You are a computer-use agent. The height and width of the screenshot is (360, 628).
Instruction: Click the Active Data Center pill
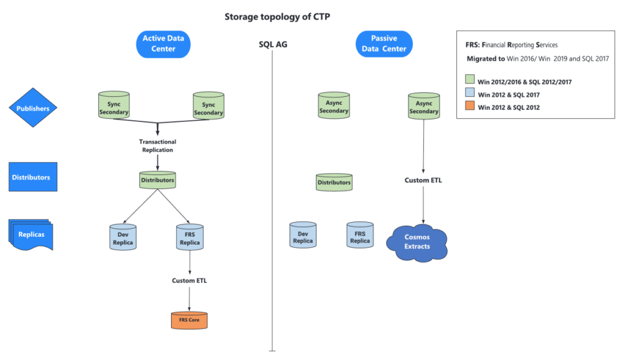pos(163,44)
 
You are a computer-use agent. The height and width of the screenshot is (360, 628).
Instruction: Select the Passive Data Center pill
pos(384,44)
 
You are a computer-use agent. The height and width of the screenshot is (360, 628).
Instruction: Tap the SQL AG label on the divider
pos(272,45)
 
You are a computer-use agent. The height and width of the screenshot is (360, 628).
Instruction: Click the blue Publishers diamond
pos(33,109)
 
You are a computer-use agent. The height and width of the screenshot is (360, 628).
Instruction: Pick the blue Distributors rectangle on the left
pos(33,177)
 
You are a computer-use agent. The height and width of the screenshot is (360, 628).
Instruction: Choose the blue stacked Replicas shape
pos(31,235)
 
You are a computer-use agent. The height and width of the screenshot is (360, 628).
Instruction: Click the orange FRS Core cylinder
pos(189,320)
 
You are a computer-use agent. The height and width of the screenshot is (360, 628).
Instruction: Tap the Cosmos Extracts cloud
pos(417,242)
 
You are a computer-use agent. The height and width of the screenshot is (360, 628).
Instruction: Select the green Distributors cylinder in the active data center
pos(158,180)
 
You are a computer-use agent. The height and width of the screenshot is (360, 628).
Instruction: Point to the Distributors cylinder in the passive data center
pos(334,182)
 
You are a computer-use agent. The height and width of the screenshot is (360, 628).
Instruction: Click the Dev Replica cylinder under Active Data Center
pos(122,237)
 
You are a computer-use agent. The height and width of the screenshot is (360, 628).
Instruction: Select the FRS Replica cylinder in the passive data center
pos(360,236)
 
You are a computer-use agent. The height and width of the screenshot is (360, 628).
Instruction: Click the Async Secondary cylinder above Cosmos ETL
pos(424,107)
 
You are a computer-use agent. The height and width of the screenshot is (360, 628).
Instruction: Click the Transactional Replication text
pos(158,145)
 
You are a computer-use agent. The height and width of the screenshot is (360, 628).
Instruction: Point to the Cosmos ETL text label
pos(423,181)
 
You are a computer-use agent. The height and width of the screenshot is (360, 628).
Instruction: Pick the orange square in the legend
pos(470,107)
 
